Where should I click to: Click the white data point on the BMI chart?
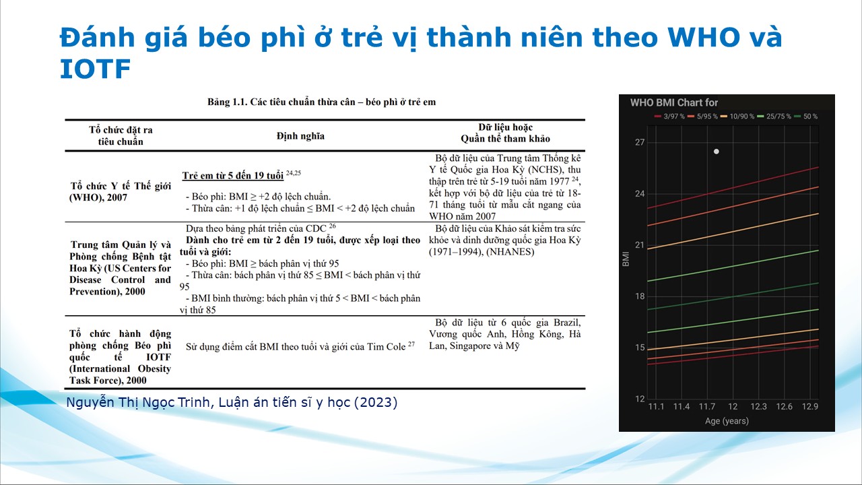pyautogui.click(x=716, y=152)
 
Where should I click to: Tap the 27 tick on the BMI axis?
pyautogui.click(x=640, y=142)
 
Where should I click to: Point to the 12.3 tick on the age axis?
pyautogui.click(x=758, y=406)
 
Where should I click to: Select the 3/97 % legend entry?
pyautogui.click(x=669, y=117)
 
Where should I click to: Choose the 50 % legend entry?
pyautogui.click(x=806, y=117)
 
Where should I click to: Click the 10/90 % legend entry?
pyautogui.click(x=737, y=117)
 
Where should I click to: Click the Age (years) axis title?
pyautogui.click(x=727, y=421)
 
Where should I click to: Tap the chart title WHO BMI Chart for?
pyautogui.click(x=674, y=103)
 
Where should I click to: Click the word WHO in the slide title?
pyautogui.click(x=704, y=37)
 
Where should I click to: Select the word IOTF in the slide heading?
pyautogui.click(x=95, y=69)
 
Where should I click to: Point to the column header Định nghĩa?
pyautogui.click(x=300, y=136)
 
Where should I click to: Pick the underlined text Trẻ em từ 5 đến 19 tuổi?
pyautogui.click(x=233, y=176)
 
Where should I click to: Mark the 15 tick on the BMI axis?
pyautogui.click(x=640, y=348)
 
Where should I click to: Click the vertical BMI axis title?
pyautogui.click(x=626, y=259)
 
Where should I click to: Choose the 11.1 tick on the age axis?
pyautogui.click(x=656, y=406)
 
